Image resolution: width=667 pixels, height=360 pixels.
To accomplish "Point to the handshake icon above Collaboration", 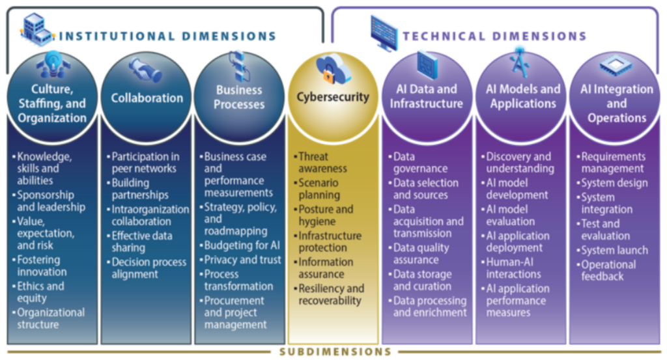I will (146, 68).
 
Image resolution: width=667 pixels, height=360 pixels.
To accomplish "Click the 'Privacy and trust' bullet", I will (242, 260).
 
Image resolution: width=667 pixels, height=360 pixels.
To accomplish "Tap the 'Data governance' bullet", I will (421, 163).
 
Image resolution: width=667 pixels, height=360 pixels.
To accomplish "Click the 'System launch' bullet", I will (614, 250).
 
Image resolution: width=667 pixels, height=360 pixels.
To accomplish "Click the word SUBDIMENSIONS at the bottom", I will (335, 352).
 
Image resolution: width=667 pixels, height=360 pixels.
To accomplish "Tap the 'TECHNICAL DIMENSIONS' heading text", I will (494, 36).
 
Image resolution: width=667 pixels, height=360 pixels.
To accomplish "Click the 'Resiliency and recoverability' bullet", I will (331, 294).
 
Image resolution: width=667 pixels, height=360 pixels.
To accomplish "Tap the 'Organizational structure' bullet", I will (51, 318).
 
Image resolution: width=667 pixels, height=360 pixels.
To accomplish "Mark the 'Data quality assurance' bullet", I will (421, 254).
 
